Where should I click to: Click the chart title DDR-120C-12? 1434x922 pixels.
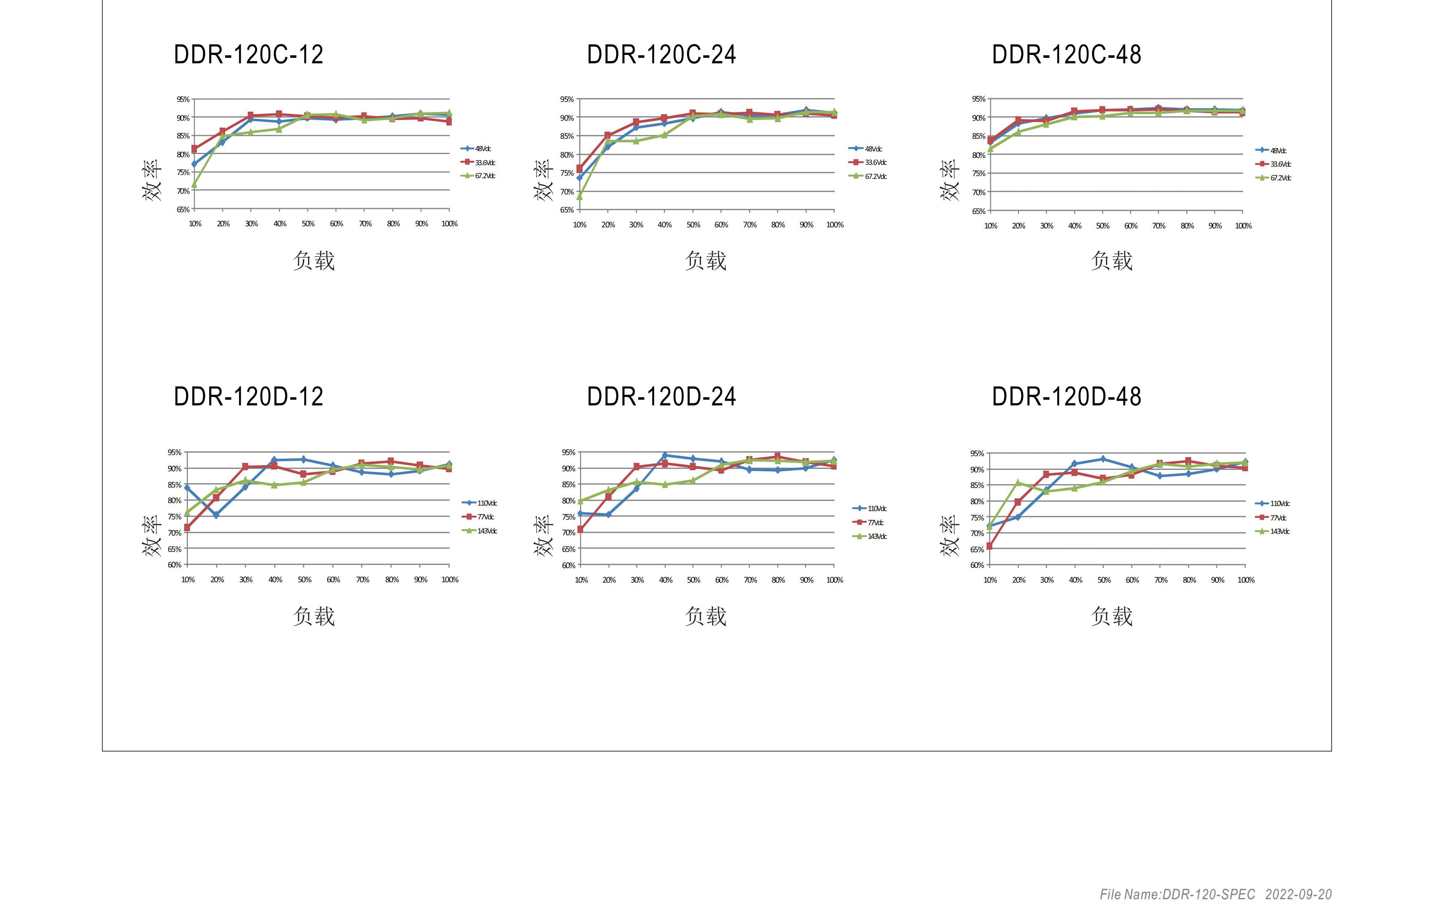point(248,55)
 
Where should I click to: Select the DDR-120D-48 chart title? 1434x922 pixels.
point(1066,396)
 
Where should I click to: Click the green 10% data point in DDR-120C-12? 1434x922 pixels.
point(194,185)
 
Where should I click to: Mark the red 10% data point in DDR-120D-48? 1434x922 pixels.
point(989,546)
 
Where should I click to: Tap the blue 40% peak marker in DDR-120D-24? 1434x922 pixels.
point(665,455)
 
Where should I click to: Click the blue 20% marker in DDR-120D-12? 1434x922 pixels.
point(216,515)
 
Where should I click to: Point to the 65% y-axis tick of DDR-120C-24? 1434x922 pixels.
point(566,210)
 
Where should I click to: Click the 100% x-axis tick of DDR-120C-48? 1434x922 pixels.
point(1243,226)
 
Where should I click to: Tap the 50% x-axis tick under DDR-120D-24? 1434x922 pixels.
point(694,580)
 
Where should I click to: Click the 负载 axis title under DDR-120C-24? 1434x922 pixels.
point(706,261)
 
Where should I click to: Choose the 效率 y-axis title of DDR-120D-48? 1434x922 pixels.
point(950,536)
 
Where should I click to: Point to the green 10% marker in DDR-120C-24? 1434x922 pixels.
point(579,196)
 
